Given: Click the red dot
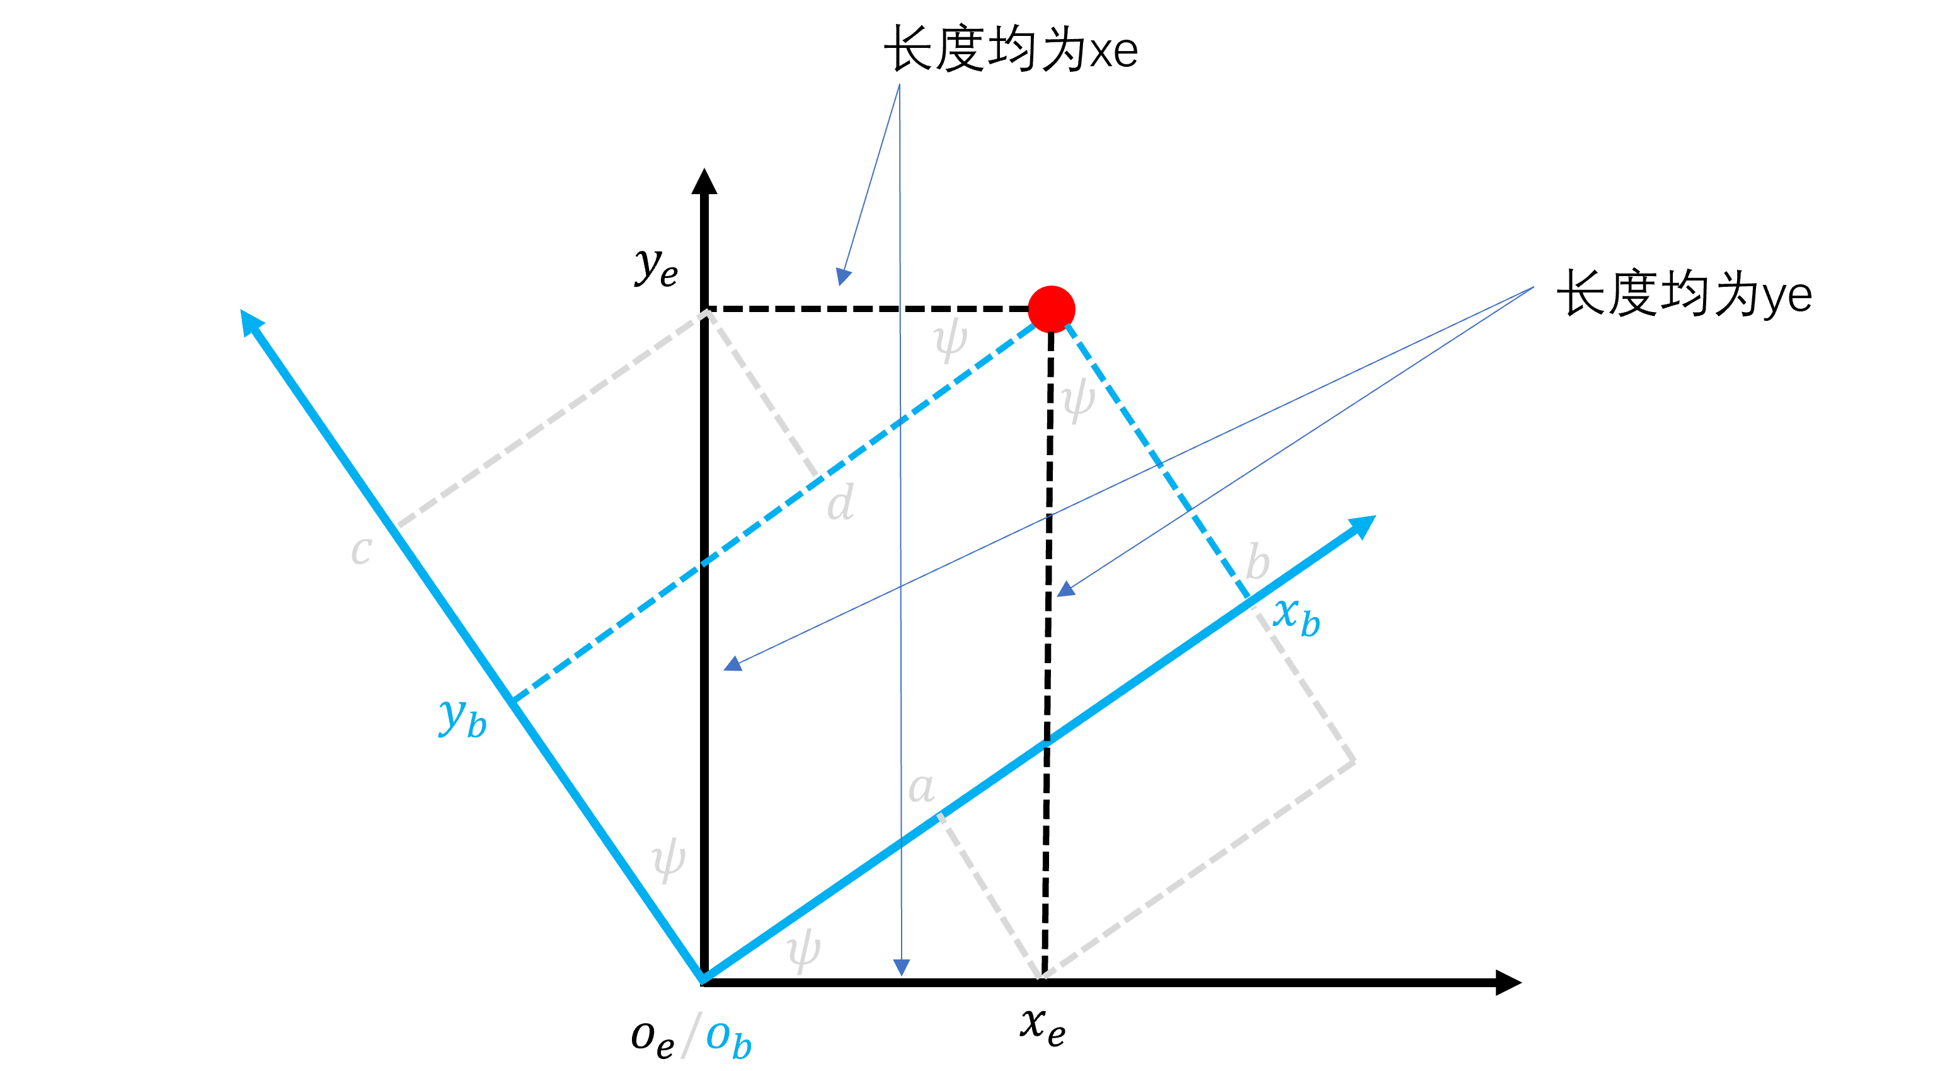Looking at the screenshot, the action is (x=1051, y=308).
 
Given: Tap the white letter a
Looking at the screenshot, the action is (x=921, y=788).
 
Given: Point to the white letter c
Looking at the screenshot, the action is (x=362, y=549).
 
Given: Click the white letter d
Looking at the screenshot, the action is (x=841, y=502).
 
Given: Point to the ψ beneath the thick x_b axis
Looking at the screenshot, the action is (x=803, y=950).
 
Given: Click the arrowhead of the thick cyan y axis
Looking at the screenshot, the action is (x=250, y=320).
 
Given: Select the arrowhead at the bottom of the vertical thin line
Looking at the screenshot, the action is (x=902, y=968).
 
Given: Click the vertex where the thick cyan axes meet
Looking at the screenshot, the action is (x=702, y=979).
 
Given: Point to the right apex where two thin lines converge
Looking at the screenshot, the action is (x=1533, y=288).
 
